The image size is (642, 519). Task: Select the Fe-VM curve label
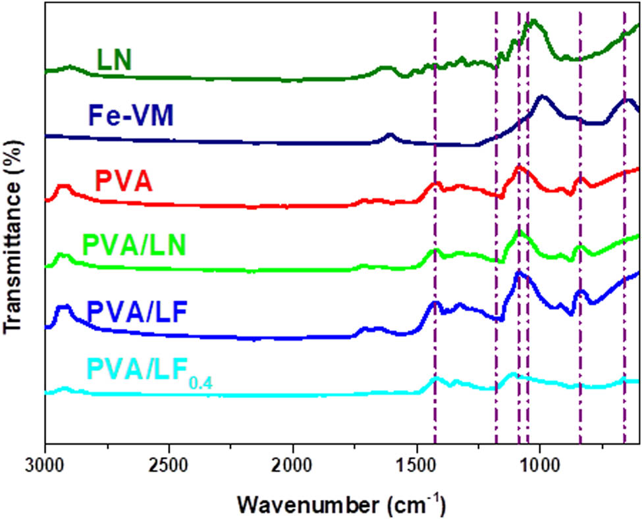[132, 117]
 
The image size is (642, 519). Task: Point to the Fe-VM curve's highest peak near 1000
[543, 97]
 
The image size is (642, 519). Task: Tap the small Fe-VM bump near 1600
[390, 135]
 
